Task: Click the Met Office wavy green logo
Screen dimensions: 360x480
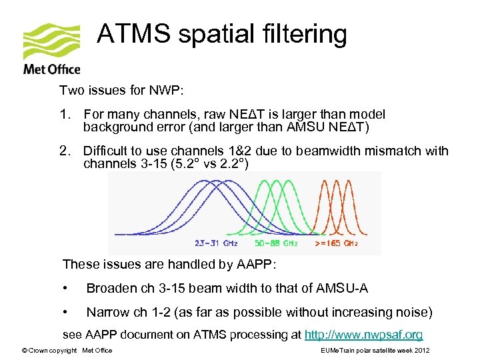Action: click(51, 42)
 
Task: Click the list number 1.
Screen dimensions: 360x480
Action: click(64, 115)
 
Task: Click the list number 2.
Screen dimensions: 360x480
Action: click(64, 151)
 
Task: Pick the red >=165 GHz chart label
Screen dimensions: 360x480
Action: click(336, 244)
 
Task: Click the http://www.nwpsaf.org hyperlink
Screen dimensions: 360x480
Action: click(363, 335)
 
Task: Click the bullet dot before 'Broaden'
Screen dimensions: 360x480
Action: click(65, 288)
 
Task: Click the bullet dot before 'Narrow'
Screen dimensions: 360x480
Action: click(65, 312)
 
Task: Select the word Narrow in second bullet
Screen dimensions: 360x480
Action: click(108, 312)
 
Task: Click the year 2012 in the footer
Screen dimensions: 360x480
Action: click(421, 351)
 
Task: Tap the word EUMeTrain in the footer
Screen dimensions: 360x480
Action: click(337, 351)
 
